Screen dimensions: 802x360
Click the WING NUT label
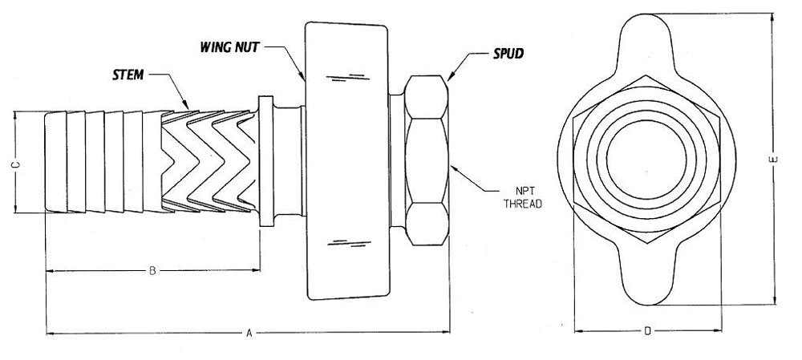pos(229,47)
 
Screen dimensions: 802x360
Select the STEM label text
pos(128,75)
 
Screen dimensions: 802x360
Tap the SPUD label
pos(508,53)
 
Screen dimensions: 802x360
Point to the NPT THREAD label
pos(523,197)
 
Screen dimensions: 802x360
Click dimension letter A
pos(249,334)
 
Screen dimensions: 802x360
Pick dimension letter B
pos(152,271)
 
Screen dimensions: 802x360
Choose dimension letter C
pos(15,164)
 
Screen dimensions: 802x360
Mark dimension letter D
pos(647,331)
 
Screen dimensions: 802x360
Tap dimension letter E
pos(773,160)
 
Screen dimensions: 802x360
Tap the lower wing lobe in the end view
pos(647,276)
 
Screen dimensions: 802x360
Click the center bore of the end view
pos(646,160)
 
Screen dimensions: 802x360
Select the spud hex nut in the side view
pos(427,160)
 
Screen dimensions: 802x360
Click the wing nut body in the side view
pos(347,160)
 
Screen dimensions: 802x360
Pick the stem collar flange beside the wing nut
pos(266,161)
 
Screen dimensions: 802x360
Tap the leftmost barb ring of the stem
pos(56,162)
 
